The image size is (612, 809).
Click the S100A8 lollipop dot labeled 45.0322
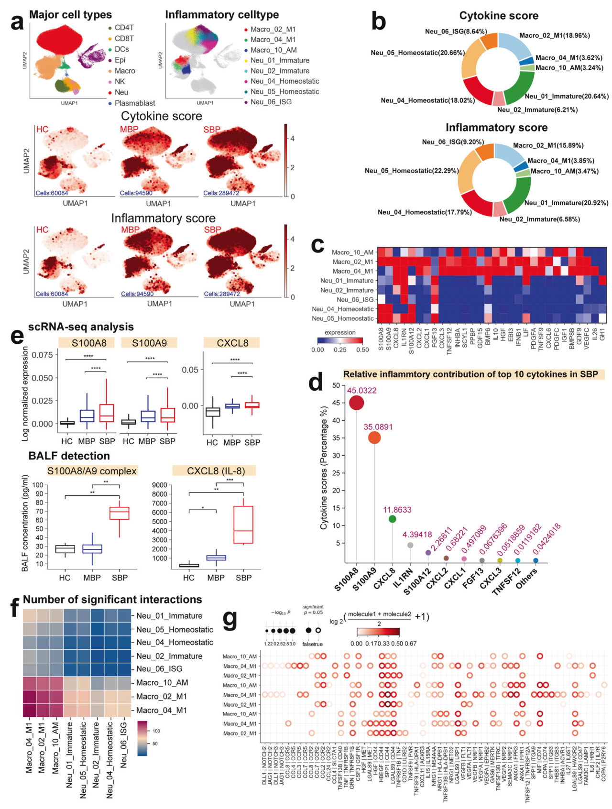tap(357, 403)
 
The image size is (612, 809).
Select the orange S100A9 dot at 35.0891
tap(374, 437)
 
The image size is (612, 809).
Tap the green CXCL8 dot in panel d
tap(393, 519)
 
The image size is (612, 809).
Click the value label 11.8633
tap(397, 510)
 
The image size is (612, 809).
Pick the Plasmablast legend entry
tap(134, 103)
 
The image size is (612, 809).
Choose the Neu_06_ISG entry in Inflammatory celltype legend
tap(271, 102)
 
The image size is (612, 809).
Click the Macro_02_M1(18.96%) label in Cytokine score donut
tap(554, 35)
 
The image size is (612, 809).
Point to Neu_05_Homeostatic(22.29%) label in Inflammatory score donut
tap(412, 171)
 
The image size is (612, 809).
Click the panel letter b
tap(379, 22)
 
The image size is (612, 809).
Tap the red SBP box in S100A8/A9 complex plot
tap(120, 513)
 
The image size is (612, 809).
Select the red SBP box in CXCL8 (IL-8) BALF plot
tap(243, 525)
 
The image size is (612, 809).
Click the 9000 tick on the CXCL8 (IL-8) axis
tap(159, 485)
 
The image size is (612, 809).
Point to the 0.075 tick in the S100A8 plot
tap(42, 355)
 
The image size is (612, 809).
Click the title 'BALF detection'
tap(69, 456)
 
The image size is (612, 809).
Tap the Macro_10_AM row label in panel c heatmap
tap(352, 252)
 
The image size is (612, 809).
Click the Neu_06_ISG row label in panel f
tap(159, 669)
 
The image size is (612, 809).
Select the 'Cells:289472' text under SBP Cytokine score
tap(221, 193)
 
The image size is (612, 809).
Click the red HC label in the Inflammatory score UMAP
tap(42, 230)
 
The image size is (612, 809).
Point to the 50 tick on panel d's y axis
tap(336, 385)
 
